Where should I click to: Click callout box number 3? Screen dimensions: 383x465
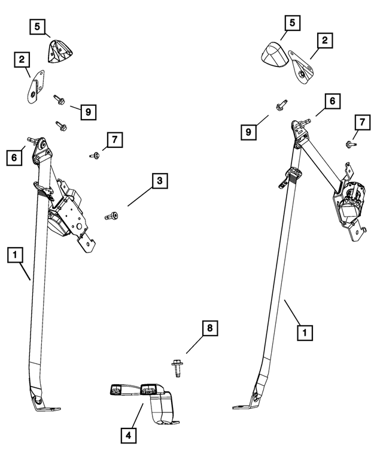click(x=160, y=181)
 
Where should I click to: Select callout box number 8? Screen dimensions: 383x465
click(x=210, y=328)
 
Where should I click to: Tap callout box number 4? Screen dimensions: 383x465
click(x=129, y=436)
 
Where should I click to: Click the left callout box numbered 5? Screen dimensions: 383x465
click(x=37, y=27)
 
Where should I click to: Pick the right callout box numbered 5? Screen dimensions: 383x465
click(x=293, y=23)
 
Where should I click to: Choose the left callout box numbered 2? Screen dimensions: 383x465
click(x=22, y=60)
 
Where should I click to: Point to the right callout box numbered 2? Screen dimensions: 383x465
click(x=325, y=40)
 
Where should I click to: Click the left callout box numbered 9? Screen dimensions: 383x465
click(x=89, y=112)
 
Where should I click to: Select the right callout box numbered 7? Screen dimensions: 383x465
click(x=362, y=122)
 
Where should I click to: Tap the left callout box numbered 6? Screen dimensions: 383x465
click(x=14, y=158)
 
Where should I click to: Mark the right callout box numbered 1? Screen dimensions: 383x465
click(x=305, y=333)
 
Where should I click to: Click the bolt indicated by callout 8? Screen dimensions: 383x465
click(x=177, y=367)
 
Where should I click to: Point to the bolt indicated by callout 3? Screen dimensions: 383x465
click(x=111, y=216)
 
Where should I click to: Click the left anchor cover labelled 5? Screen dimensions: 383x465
click(x=60, y=52)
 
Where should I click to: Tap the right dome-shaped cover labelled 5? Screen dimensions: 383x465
click(x=274, y=54)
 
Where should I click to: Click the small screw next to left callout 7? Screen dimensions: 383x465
click(x=95, y=155)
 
